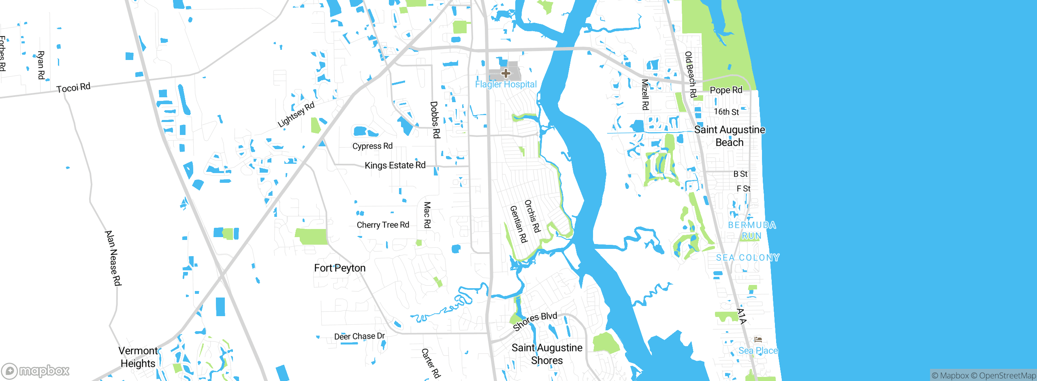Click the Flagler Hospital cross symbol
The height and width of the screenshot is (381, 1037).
(506, 73)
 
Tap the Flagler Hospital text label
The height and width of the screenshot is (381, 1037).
(506, 84)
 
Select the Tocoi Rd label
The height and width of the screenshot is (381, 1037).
(73, 88)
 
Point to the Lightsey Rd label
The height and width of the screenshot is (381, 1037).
(296, 115)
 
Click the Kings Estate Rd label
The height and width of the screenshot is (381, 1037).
(395, 165)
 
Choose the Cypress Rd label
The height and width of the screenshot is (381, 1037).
(372, 146)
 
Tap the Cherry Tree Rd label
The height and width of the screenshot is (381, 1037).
(383, 225)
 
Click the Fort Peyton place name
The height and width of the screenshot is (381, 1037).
(340, 268)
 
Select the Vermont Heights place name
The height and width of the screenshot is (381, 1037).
(138, 357)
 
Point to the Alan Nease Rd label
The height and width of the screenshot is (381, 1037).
(113, 258)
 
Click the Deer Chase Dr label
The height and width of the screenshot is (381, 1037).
(359, 336)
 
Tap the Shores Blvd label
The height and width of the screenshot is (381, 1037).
(535, 321)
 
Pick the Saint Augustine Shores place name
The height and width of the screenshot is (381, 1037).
(547, 354)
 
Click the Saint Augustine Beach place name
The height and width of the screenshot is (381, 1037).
(730, 136)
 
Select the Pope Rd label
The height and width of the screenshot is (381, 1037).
(726, 90)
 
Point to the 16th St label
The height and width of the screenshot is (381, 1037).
(726, 112)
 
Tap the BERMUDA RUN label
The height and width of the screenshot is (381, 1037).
(752, 230)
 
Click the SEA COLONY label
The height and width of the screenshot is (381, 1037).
(748, 258)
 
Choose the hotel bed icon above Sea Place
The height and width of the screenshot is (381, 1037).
(758, 339)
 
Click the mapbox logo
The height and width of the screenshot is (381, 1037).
(36, 371)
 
